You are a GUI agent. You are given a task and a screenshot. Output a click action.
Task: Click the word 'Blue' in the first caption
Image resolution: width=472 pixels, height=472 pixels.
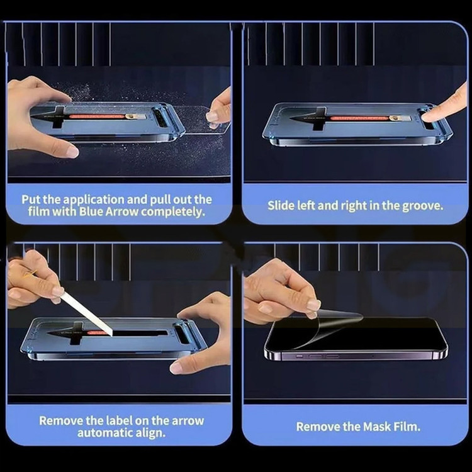pos(91,211)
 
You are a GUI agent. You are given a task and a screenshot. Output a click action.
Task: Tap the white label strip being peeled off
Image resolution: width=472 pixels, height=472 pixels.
pos(86,313)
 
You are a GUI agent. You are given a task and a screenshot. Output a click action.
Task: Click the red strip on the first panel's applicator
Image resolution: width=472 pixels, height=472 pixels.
pos(96,116)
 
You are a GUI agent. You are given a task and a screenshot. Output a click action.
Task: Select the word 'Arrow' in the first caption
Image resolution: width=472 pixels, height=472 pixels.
pos(121,211)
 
